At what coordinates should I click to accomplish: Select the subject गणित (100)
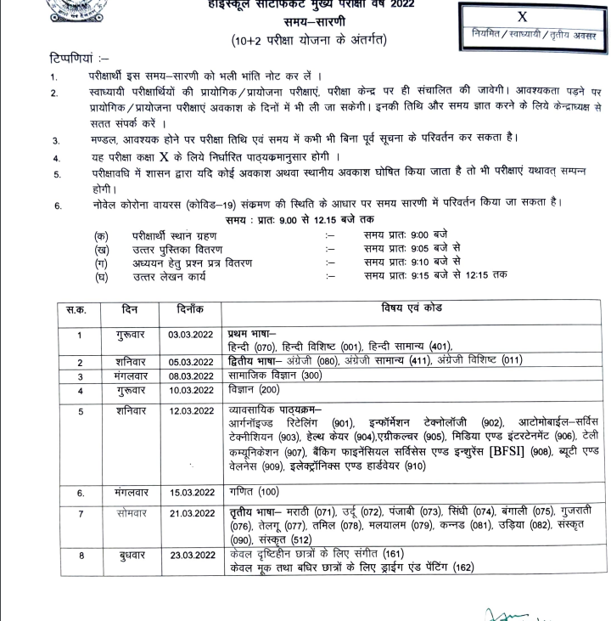coord(254,492)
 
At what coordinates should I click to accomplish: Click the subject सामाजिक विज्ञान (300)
coord(276,375)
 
